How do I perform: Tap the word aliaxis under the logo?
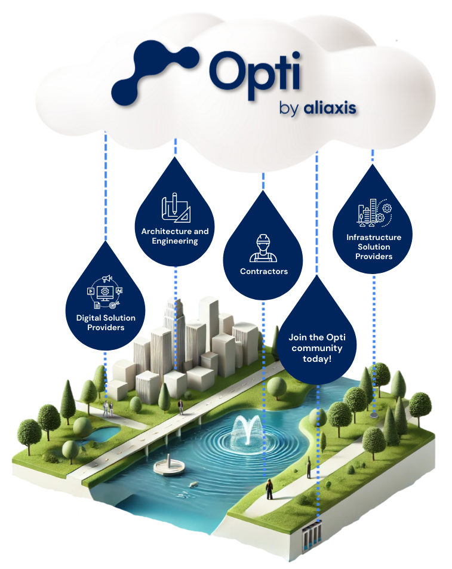coord(330,108)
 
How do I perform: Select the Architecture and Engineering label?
coord(175,236)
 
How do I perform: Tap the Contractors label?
coord(263,271)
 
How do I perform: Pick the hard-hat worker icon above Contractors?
coord(263,248)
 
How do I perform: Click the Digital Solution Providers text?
coord(106,322)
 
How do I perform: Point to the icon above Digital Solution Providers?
coord(106,292)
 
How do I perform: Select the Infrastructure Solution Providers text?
coord(374,247)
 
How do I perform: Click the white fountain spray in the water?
coord(247,428)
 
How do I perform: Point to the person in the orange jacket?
coord(270,488)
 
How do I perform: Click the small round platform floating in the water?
coord(168,467)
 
